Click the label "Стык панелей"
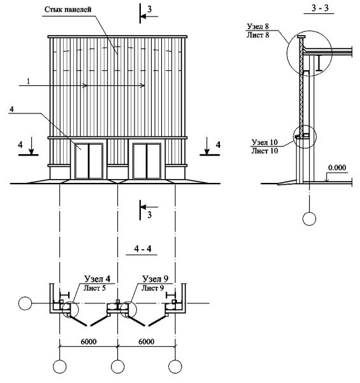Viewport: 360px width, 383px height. click(68, 10)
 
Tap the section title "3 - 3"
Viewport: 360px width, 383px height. click(320, 8)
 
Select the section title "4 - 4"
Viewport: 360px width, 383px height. click(143, 249)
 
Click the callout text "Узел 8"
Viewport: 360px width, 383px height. click(258, 26)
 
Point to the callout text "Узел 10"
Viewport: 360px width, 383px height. click(265, 142)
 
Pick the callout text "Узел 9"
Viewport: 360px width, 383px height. click(155, 278)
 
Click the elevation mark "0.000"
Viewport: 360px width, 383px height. click(337, 168)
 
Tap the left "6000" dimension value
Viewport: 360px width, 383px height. click(89, 342)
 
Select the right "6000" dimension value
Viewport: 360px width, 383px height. click(147, 342)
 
